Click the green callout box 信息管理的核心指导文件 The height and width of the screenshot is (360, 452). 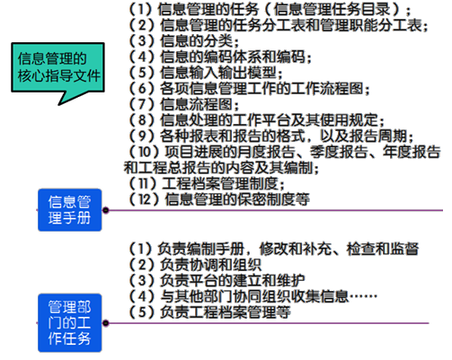[x=58, y=67]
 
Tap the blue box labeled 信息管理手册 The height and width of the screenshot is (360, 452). [x=70, y=210]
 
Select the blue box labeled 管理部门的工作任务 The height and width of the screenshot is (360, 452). [x=70, y=323]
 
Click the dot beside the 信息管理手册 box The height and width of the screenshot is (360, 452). [x=105, y=210]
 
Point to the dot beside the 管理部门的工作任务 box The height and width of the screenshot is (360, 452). [x=105, y=323]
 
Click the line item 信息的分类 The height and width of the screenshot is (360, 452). [x=183, y=40]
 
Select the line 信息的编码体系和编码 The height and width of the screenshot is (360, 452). [x=220, y=57]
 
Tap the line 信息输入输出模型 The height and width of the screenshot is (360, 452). [x=205, y=73]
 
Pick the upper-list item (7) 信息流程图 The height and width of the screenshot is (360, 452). [x=183, y=104]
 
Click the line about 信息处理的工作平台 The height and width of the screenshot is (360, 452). [x=256, y=120]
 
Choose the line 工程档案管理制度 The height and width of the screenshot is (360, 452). [x=206, y=183]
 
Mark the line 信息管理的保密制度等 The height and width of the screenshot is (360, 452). [x=219, y=199]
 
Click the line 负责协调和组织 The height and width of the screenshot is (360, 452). [x=195, y=265]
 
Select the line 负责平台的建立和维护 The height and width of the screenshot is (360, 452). [x=217, y=280]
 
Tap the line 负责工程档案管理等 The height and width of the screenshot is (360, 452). [x=209, y=312]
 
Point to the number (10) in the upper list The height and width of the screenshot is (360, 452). [x=145, y=152]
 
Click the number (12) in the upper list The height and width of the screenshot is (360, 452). [x=145, y=199]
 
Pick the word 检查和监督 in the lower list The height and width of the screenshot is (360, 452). [x=383, y=249]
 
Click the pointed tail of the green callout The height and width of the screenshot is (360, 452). [x=59, y=105]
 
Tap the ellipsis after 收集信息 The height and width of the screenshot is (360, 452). [x=363, y=296]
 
